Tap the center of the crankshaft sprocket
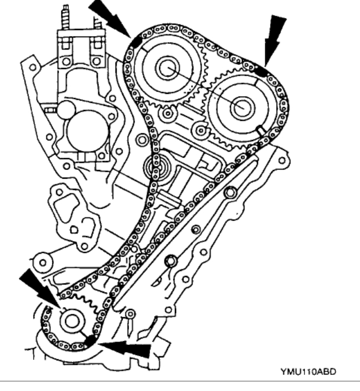click(x=71, y=322)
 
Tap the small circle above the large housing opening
click(x=66, y=108)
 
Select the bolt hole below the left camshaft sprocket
click(x=166, y=114)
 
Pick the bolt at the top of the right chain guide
click(x=229, y=193)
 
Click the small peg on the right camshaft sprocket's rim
click(x=260, y=131)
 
